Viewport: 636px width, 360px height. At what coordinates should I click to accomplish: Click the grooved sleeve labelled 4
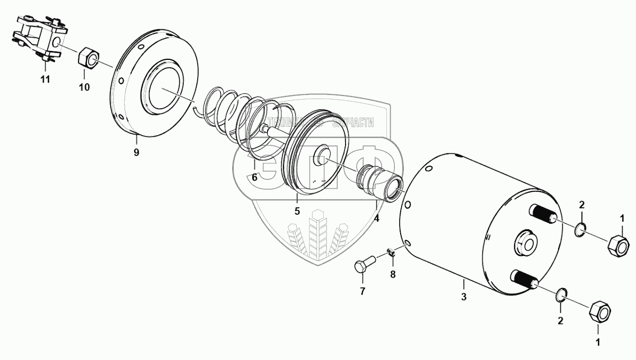pos(379,182)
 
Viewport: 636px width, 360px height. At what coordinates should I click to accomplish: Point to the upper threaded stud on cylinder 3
pos(540,217)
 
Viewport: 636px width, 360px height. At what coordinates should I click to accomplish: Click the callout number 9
pos(136,153)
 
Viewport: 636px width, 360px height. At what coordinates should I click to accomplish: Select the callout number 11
pos(45,80)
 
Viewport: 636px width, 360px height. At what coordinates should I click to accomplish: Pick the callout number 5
pos(297,211)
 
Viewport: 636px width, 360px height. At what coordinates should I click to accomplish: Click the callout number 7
pos(363,292)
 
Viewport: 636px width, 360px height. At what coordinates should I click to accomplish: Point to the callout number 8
pos(393,274)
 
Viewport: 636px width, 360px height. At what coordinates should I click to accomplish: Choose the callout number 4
pos(377,217)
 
